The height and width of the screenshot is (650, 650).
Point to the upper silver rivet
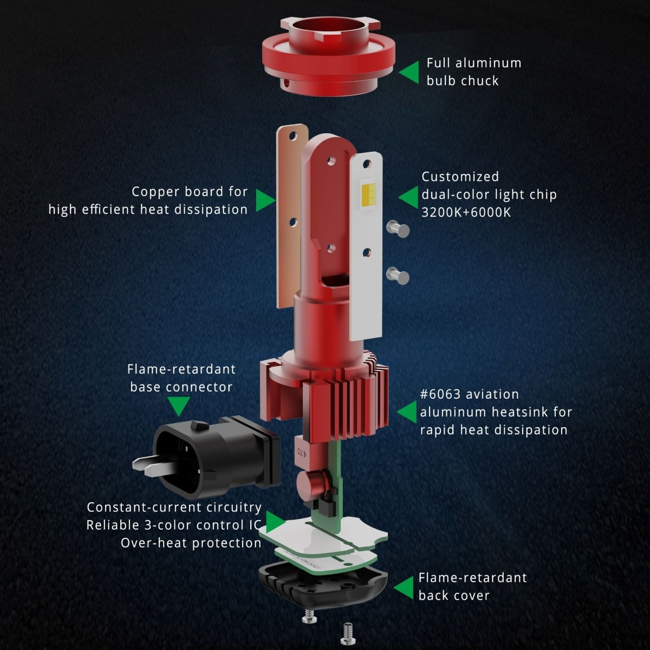tap(398, 229)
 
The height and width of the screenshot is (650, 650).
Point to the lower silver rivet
tap(398, 276)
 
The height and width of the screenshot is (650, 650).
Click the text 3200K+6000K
tap(466, 212)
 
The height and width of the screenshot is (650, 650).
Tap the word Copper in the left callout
tap(154, 192)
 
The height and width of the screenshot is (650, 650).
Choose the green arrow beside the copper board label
tap(265, 200)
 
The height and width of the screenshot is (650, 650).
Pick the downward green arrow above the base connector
tap(179, 406)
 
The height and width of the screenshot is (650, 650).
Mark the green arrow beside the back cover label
tap(404, 587)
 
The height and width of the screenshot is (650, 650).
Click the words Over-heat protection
tap(191, 543)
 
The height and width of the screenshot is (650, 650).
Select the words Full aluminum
tap(474, 63)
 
